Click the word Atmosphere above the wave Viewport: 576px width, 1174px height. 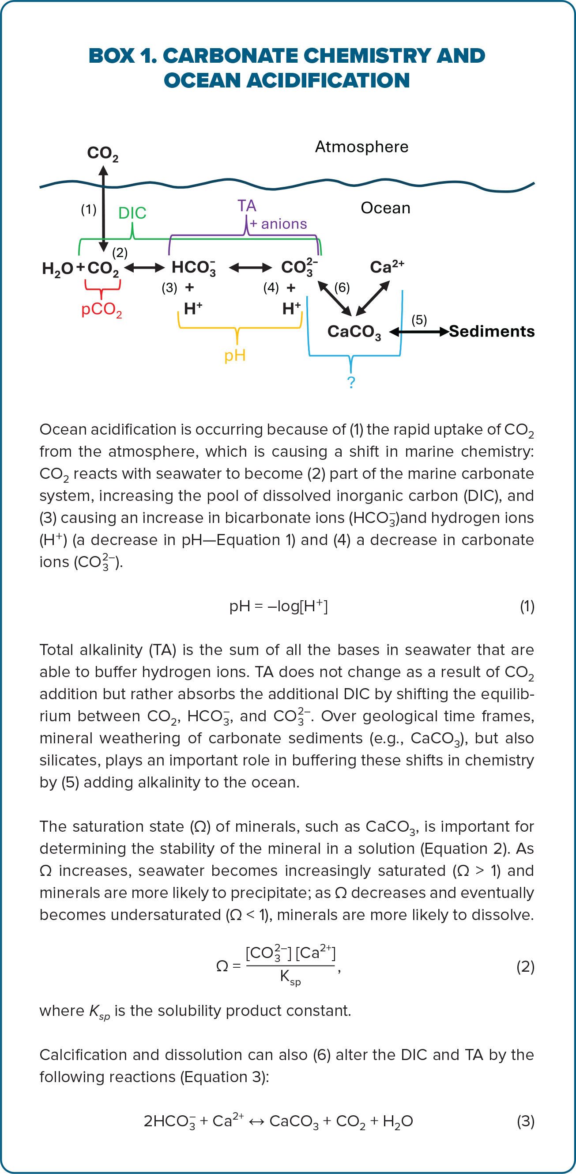pyautogui.click(x=361, y=147)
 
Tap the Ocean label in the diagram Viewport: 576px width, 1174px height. pyautogui.click(x=385, y=208)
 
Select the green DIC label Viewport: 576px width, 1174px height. pyautogui.click(x=132, y=213)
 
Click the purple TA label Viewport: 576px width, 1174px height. pyautogui.click(x=247, y=206)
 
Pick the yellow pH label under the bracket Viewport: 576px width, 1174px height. pyautogui.click(x=235, y=355)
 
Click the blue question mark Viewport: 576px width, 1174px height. pyautogui.click(x=351, y=382)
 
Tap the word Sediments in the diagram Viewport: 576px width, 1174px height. pyautogui.click(x=492, y=331)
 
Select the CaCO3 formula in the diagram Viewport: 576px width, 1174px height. pyautogui.click(x=354, y=332)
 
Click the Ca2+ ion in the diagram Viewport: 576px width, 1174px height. pyautogui.click(x=387, y=267)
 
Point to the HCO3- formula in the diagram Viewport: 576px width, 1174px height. pyautogui.click(x=193, y=268)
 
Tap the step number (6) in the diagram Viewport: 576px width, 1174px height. pyautogui.click(x=342, y=288)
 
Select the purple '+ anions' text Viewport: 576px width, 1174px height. pyautogui.click(x=278, y=224)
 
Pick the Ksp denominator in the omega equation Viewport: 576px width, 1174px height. pyautogui.click(x=290, y=977)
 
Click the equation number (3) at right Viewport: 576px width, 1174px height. pyautogui.click(x=525, y=1121)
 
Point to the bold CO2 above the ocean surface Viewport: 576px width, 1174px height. pyautogui.click(x=102, y=154)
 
